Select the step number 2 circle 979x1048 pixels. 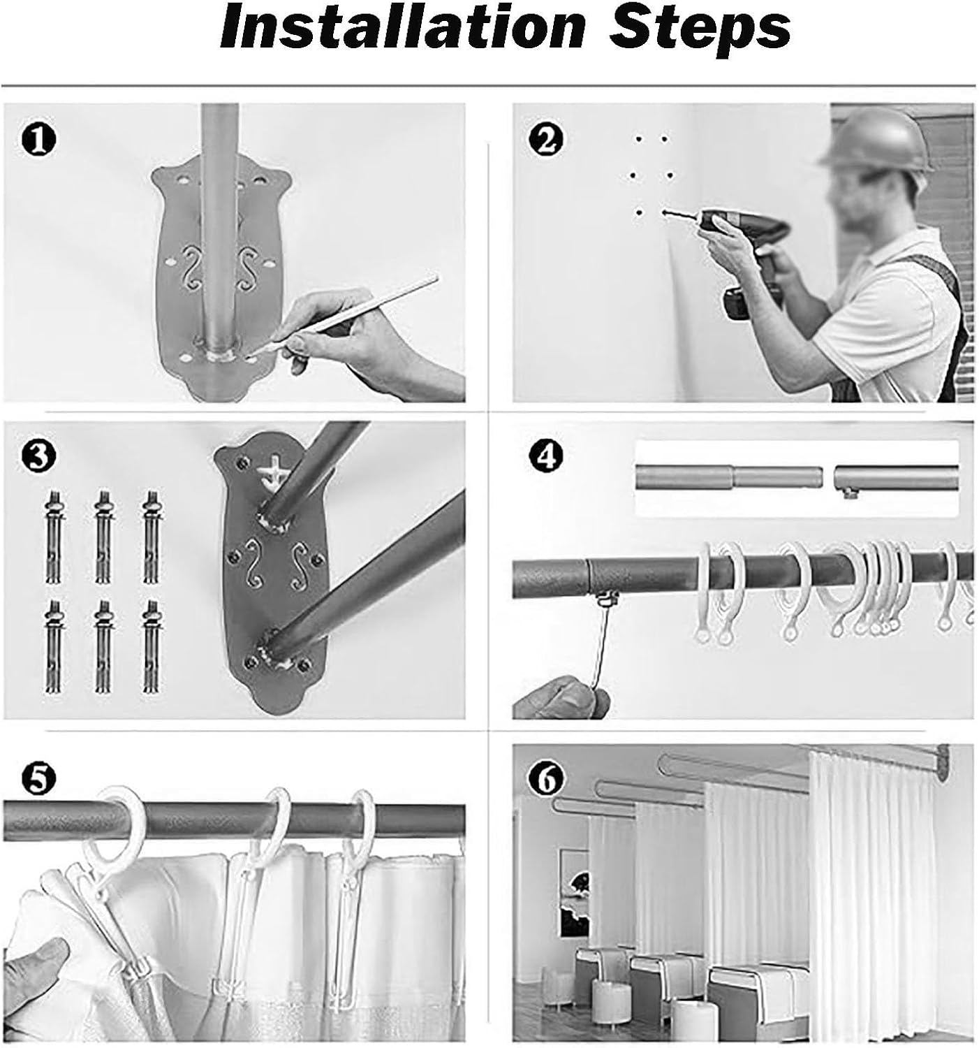click(x=546, y=139)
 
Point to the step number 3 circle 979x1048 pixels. click(x=38, y=458)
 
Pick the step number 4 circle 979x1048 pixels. click(x=546, y=458)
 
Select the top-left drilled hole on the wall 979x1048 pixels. click(x=638, y=139)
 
